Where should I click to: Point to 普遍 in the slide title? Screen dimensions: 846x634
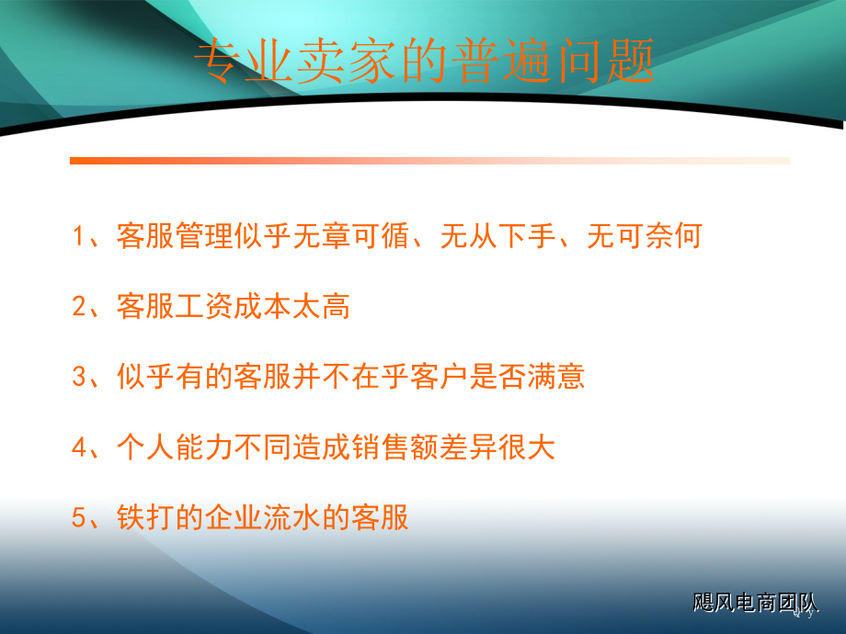tap(503, 61)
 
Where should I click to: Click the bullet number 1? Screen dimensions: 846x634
tap(79, 236)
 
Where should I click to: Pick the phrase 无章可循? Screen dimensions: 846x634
tap(351, 235)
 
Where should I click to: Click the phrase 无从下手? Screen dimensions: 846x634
tap(498, 235)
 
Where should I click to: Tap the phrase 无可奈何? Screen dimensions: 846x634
tap(645, 235)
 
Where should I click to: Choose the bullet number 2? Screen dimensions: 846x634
tap(79, 306)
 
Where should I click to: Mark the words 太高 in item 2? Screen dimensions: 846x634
tap(322, 306)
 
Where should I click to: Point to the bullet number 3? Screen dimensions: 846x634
tap(79, 377)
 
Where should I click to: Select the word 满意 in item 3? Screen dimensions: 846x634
tap(556, 377)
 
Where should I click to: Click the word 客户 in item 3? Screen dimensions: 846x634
tap(440, 377)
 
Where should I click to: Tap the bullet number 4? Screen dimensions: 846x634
tap(79, 447)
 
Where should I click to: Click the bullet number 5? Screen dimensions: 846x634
tap(79, 517)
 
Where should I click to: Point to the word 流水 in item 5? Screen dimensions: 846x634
tap(292, 517)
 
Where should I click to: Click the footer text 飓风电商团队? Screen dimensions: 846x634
tap(755, 602)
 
